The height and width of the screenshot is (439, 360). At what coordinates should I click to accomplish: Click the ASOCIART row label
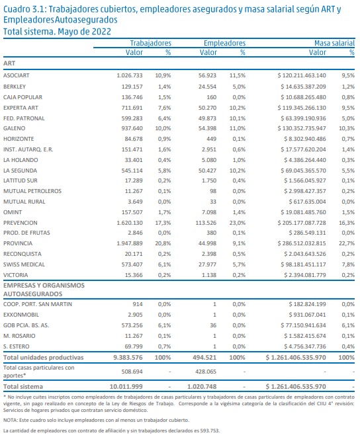[x=17, y=75]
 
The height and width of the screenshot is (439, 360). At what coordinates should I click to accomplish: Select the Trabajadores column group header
[x=151, y=43]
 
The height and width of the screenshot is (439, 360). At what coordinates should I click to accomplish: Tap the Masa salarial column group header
[x=334, y=43]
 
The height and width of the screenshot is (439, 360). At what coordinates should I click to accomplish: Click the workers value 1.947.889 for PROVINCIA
[x=130, y=243]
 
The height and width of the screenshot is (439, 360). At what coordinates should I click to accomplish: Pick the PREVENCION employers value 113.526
[x=206, y=223]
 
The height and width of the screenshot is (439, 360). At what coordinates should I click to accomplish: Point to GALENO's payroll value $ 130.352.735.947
[x=302, y=128]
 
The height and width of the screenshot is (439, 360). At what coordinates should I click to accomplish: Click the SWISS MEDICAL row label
[x=24, y=264]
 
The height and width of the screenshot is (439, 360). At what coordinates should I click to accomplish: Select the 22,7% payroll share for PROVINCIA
[x=347, y=243]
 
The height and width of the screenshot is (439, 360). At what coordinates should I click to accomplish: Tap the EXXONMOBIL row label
[x=21, y=315]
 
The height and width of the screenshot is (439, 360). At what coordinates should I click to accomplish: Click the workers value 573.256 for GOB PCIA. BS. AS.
[x=132, y=325]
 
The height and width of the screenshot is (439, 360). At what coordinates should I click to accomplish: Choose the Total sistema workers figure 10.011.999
[x=126, y=387]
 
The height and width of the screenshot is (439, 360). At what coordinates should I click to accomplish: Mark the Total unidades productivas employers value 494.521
[x=204, y=358]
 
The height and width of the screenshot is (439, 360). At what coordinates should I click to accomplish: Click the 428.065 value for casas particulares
[x=206, y=372]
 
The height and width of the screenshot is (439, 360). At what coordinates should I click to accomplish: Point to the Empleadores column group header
[x=225, y=43]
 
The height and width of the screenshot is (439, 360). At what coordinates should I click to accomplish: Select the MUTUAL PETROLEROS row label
[x=32, y=191]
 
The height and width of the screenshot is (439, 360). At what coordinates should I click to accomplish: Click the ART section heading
[x=9, y=63]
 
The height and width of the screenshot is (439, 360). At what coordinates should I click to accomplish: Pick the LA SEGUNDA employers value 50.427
[x=207, y=171]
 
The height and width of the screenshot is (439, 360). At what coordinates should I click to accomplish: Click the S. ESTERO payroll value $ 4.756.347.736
[x=305, y=346]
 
